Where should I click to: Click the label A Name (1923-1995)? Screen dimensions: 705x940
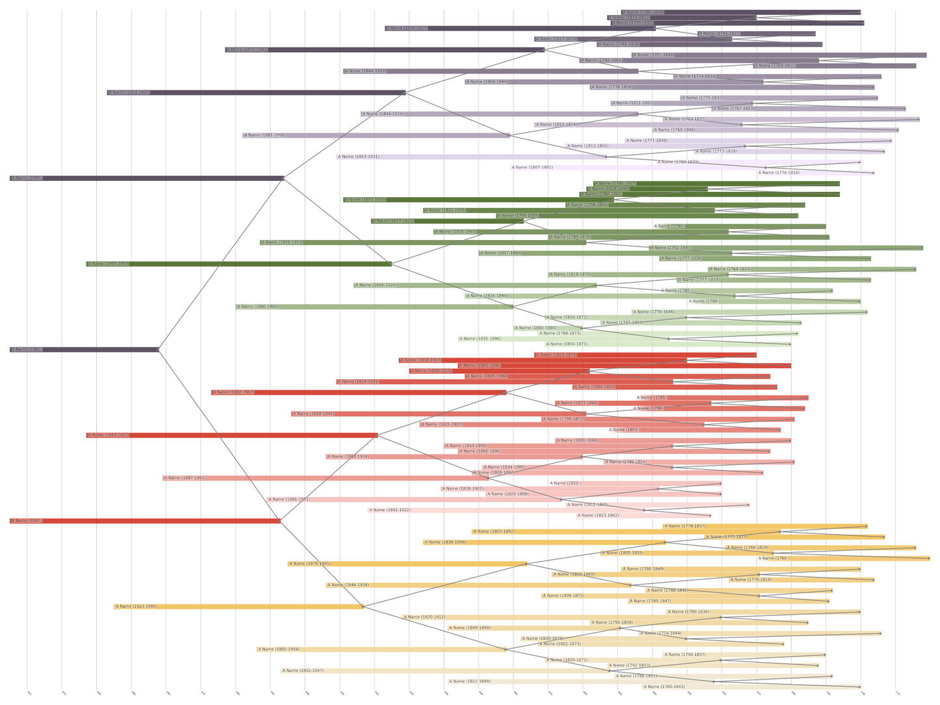137,607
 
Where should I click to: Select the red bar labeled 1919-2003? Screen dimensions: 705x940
232,436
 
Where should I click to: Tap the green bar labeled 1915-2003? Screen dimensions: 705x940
239,264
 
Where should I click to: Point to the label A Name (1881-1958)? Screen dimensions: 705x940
264,136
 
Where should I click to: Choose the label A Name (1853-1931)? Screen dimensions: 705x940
358,157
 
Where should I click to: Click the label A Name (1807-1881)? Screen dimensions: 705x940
532,168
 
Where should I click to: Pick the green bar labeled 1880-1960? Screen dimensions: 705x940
374,307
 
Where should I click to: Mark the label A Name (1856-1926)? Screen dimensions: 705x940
375,286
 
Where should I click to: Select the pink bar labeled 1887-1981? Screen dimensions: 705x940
325,479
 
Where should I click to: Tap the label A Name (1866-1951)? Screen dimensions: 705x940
289,500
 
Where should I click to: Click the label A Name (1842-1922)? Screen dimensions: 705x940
390,511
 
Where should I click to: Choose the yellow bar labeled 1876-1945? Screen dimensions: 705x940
407,564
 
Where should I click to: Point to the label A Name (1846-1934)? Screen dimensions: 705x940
348,585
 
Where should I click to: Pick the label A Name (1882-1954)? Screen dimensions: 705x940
278,650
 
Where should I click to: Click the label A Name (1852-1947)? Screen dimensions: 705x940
303,671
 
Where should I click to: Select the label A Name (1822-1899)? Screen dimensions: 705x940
470,682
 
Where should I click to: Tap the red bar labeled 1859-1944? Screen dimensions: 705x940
438,414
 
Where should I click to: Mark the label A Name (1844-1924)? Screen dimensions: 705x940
383,114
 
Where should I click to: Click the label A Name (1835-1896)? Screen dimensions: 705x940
480,339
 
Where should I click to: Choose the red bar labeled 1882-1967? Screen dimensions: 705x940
358,393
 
